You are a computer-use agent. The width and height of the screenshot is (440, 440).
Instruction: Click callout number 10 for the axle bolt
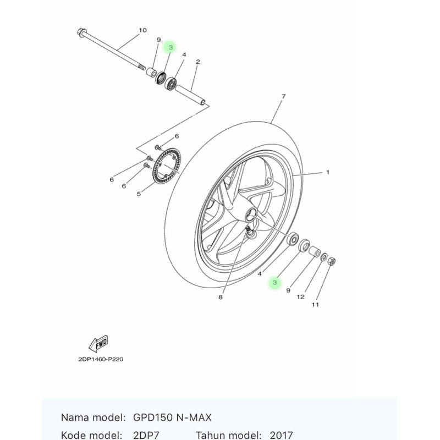[x=143, y=30]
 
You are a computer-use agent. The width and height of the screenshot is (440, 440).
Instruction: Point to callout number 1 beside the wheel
[x=328, y=172]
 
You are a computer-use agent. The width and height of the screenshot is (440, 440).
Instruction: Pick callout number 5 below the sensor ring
[x=139, y=194]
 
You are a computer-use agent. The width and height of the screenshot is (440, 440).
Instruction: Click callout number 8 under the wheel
[x=220, y=298]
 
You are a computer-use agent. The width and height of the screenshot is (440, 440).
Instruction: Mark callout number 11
[x=315, y=304]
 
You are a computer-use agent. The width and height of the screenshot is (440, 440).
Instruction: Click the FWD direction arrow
[x=97, y=344]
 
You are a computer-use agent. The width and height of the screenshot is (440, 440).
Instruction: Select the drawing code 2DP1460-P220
[x=101, y=358]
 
